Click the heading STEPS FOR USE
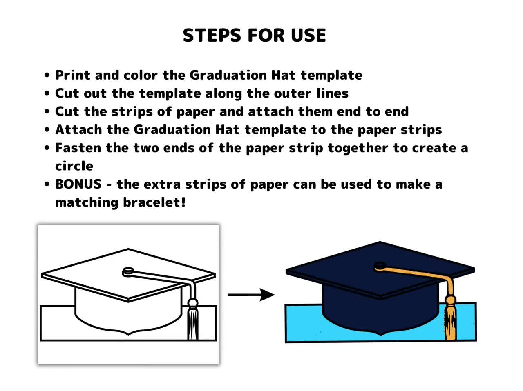(254, 36)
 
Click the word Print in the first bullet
(73, 75)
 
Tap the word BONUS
(78, 184)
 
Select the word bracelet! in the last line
(154, 202)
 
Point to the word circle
(74, 166)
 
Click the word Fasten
(78, 148)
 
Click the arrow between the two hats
(251, 295)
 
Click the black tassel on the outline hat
(193, 319)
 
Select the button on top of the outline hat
(128, 271)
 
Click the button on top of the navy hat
(380, 266)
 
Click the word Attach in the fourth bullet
(78, 130)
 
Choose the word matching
(87, 203)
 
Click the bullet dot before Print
(47, 75)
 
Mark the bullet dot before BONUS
(47, 184)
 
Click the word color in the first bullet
(141, 75)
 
